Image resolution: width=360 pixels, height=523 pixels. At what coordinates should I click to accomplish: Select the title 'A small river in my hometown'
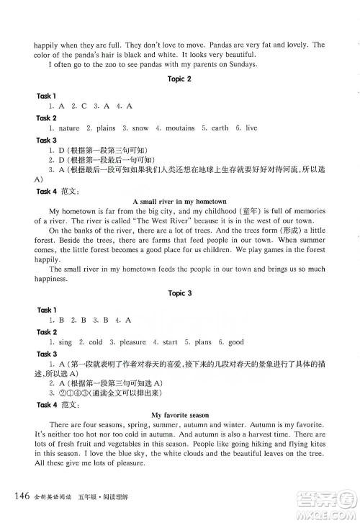(180, 201)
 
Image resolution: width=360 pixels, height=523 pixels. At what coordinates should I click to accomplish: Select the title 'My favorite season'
(180, 415)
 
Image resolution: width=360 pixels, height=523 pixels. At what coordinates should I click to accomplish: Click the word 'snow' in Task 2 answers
(140, 128)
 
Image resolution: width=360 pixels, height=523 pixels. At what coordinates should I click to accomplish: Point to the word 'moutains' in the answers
(180, 128)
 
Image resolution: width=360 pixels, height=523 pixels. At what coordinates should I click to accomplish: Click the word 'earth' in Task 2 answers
(220, 128)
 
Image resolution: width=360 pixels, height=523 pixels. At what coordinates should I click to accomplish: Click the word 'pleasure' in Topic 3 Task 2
(132, 342)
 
